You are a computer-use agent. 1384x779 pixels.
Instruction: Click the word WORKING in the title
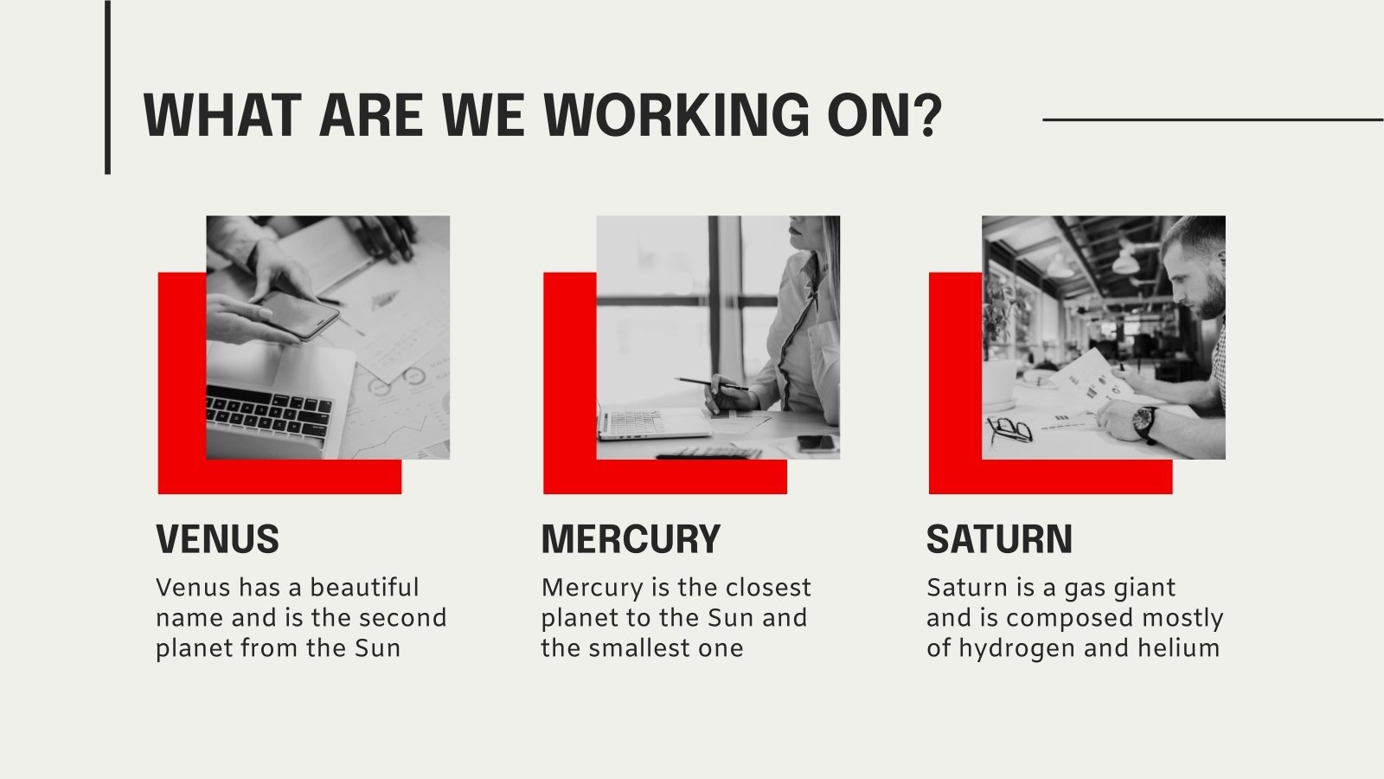pos(676,115)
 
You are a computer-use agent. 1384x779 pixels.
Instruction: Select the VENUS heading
pos(217,538)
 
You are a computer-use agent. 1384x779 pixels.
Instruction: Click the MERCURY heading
pos(631,538)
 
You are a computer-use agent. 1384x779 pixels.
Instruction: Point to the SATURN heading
pos(999,538)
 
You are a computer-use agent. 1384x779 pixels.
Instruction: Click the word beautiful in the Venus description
pos(364,588)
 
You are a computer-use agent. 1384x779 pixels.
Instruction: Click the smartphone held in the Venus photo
pos(299,315)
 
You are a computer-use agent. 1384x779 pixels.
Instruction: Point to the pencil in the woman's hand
pos(710,384)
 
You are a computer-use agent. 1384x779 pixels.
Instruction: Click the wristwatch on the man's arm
pos(1146,424)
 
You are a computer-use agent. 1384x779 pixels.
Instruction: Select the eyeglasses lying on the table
pos(1009,429)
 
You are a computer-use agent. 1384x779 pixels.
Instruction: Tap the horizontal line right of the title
pos(1213,120)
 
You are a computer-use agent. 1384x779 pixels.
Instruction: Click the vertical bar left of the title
pos(107,87)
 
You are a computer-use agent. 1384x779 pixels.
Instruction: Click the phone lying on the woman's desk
pos(817,442)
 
